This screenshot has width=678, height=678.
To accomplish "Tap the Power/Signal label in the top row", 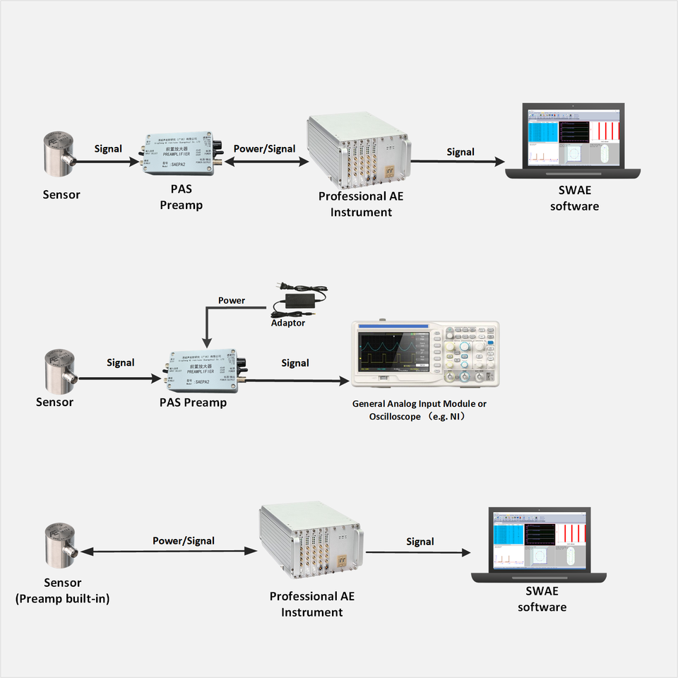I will [x=265, y=148].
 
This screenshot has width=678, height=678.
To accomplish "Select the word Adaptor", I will [x=288, y=323].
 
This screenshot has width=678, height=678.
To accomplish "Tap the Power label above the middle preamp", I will [x=232, y=300].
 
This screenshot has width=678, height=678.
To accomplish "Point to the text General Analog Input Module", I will [x=420, y=404].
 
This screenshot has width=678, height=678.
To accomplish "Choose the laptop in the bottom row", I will [x=538, y=545].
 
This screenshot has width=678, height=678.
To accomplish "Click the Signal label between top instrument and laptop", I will [x=460, y=152].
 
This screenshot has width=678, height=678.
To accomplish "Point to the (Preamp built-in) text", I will [x=63, y=599].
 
